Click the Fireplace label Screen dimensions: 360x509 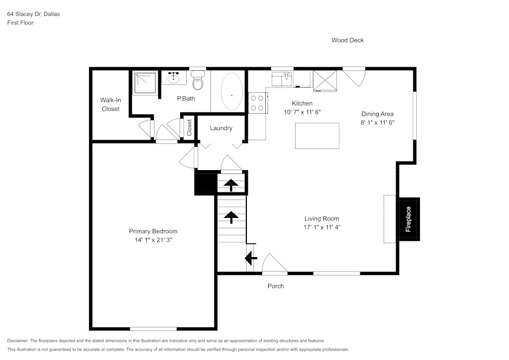pyautogui.click(x=408, y=219)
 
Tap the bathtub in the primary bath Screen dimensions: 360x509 pyautogui.click(x=232, y=92)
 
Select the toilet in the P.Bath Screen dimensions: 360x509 pyautogui.click(x=198, y=81)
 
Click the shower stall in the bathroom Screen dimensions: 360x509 pyautogui.click(x=145, y=83)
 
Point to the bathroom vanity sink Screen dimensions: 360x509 pyautogui.click(x=174, y=78)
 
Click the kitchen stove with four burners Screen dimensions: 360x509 pyautogui.click(x=257, y=102)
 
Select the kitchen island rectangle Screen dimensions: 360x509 pyautogui.click(x=317, y=136)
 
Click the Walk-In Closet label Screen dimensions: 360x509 pyautogui.click(x=110, y=104)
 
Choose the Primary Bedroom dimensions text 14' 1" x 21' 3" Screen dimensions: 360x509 pyautogui.click(x=153, y=240)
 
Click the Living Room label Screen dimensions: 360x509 pyautogui.click(x=322, y=218)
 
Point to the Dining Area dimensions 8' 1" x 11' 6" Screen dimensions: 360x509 pyautogui.click(x=377, y=123)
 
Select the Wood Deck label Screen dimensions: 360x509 pyautogui.click(x=347, y=40)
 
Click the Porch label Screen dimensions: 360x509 pyautogui.click(x=275, y=286)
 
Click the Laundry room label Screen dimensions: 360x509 pyautogui.click(x=221, y=128)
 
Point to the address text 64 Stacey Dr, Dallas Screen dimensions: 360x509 pyautogui.click(x=33, y=14)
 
